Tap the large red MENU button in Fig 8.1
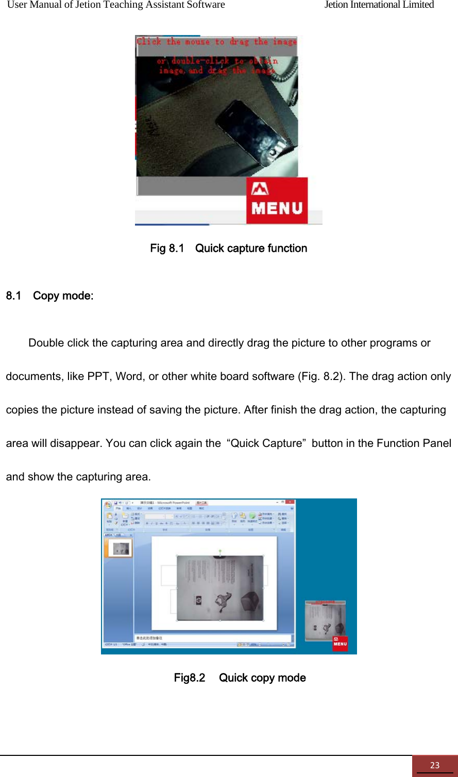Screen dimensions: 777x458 (277, 201)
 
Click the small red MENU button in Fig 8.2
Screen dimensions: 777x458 (340, 644)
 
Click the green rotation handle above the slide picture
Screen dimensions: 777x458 (220, 551)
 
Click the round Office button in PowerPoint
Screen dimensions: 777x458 (108, 503)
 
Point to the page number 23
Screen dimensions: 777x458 (434, 765)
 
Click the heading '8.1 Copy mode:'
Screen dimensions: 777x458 (49, 296)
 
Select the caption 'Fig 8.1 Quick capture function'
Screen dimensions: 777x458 (228, 249)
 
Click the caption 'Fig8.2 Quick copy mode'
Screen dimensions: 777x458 (240, 678)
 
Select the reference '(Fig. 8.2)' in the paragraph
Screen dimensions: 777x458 (321, 376)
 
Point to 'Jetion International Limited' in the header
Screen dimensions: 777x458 (379, 5)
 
